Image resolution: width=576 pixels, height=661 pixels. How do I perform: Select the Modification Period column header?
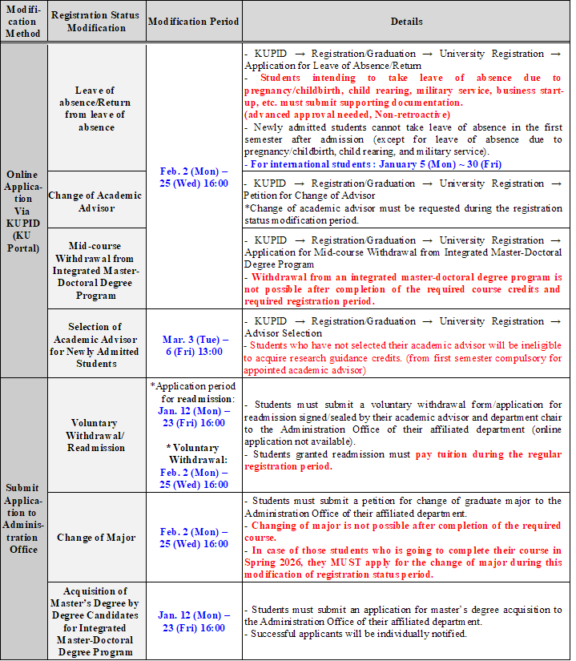tap(193, 22)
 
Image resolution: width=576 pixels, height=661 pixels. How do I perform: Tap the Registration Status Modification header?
tap(95, 22)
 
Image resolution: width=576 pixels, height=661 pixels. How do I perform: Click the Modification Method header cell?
tap(22, 22)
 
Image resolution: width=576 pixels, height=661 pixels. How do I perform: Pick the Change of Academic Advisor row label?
tap(95, 202)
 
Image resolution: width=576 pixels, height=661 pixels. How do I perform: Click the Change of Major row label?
tap(95, 538)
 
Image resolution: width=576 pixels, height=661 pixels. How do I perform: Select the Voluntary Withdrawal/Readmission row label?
tap(95, 435)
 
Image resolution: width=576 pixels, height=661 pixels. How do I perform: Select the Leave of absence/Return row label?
tap(95, 108)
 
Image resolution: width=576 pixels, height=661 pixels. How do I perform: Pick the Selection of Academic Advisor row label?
tap(95, 345)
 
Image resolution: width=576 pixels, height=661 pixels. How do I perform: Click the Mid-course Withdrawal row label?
tap(95, 268)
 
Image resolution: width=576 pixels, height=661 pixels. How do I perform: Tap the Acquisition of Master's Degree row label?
tap(95, 622)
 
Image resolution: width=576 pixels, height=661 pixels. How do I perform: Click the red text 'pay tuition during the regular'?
tap(488, 454)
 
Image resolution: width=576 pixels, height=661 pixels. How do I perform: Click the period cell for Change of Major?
tap(193, 538)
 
